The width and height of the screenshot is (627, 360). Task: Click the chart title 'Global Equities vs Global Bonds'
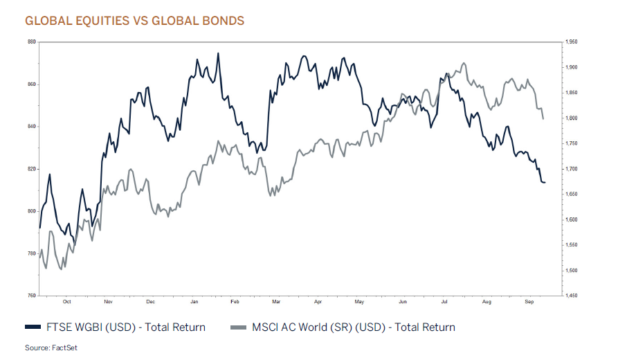[134, 21]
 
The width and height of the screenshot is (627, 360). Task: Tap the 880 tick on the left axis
[31, 42]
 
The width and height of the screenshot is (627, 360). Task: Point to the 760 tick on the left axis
[31, 296]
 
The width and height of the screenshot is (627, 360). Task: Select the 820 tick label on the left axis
[31, 169]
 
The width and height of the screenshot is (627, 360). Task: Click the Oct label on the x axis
[66, 303]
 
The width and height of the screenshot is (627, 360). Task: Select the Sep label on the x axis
[529, 303]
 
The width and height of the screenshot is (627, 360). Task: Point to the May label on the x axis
[359, 303]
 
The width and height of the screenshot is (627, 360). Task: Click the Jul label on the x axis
[444, 303]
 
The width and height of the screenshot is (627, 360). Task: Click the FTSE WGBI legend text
[125, 327]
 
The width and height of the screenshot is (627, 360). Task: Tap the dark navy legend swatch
[33, 327]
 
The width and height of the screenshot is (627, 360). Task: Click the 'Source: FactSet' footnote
[51, 348]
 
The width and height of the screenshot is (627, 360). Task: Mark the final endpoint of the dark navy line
[545, 182]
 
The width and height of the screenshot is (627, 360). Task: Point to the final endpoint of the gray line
[543, 119]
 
